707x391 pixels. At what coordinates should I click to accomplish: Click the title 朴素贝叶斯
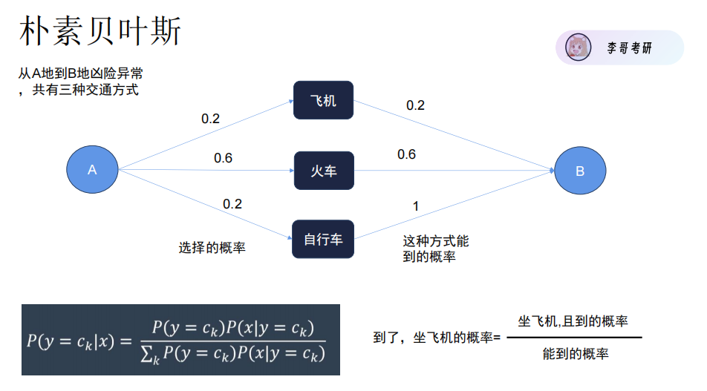[100, 32]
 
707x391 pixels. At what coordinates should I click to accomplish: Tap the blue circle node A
[93, 170]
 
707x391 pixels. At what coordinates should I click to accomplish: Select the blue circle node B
[580, 171]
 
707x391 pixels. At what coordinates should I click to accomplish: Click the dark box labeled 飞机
[323, 100]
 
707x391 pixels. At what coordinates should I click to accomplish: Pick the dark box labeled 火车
[323, 171]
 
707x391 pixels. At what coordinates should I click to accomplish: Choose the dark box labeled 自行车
[323, 239]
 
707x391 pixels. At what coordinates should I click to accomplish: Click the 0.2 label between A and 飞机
[211, 119]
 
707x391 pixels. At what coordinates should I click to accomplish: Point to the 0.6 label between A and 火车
[223, 158]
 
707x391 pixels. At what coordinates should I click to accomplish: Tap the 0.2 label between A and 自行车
[232, 204]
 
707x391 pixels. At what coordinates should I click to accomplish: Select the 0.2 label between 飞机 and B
[415, 105]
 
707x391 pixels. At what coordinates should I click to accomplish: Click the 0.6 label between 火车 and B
[406, 154]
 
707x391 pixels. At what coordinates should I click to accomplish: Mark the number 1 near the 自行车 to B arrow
[415, 206]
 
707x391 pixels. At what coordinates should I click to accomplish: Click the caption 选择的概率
[212, 248]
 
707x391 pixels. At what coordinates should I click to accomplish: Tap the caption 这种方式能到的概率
[436, 249]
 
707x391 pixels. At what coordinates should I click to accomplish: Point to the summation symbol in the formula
[146, 355]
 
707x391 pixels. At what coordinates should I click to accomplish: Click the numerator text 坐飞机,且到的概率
[573, 321]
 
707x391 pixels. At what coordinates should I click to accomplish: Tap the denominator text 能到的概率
[576, 354]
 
